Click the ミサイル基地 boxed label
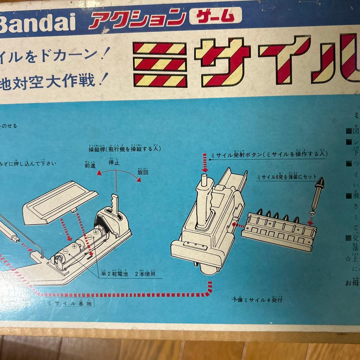[69, 304]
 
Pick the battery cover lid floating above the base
[60, 202]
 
